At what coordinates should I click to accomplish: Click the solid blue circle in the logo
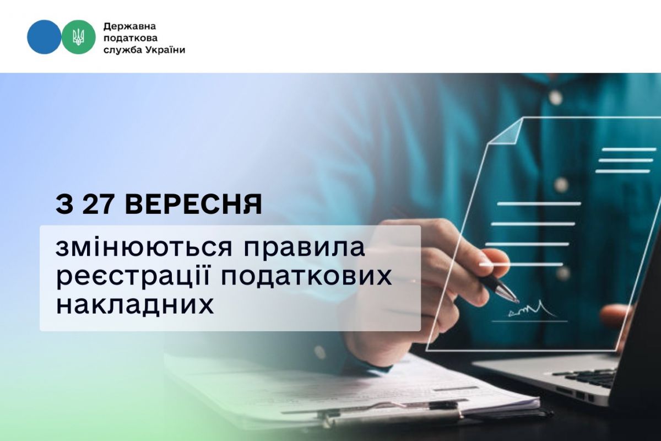44,37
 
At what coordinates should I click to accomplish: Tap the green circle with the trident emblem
78,37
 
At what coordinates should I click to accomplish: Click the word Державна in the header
129,26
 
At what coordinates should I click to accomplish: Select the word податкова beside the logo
131,39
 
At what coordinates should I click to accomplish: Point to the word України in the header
165,50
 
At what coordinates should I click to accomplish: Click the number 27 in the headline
98,205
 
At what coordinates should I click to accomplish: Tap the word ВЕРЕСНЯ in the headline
193,205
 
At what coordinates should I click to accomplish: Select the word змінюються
144,248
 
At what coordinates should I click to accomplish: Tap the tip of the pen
518,302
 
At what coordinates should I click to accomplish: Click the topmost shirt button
555,96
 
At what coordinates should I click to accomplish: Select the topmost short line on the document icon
629,149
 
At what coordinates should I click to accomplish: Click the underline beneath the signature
529,321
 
